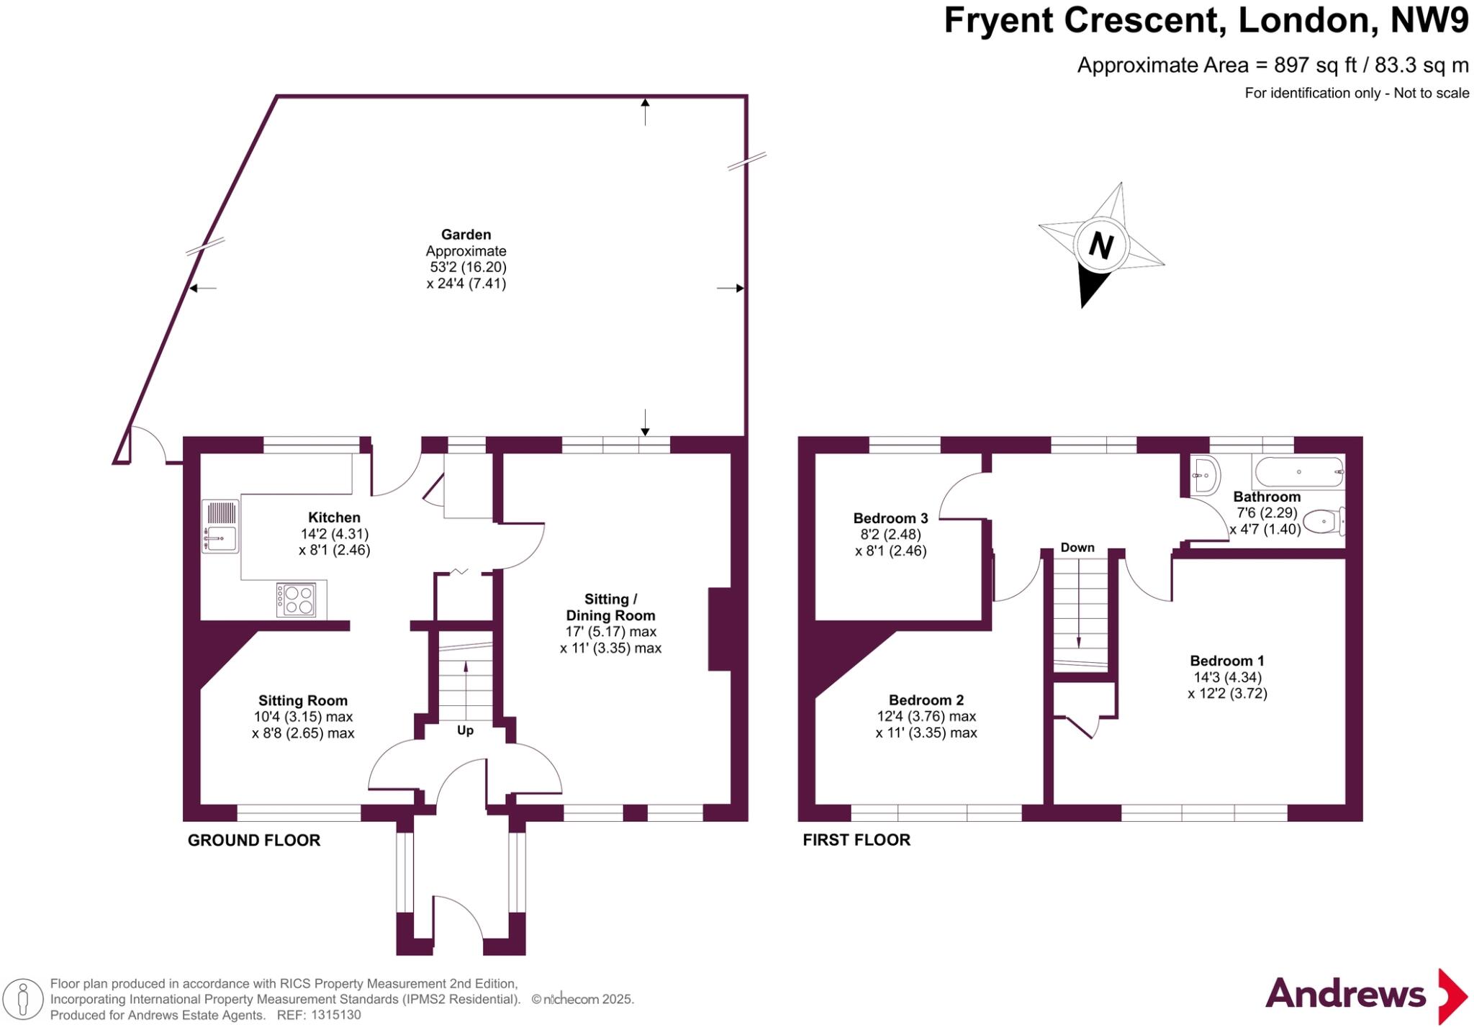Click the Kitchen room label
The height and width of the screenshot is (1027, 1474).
(334, 517)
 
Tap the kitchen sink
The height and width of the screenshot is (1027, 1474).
(220, 536)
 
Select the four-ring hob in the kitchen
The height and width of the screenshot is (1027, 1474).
(296, 600)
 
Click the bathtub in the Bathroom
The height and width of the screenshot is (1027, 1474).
(1298, 472)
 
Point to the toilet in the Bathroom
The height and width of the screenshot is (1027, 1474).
(1324, 521)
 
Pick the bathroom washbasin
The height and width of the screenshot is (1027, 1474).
(1204, 476)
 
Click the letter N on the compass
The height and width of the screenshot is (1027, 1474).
(1100, 245)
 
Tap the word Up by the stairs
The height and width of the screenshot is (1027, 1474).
(465, 730)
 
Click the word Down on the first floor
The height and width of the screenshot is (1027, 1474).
(1077, 548)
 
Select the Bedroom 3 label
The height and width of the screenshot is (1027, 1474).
(890, 518)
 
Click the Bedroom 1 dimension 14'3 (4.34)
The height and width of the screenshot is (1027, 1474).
(1227, 677)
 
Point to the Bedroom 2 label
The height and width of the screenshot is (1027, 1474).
(926, 700)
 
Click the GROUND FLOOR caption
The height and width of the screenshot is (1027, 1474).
(254, 840)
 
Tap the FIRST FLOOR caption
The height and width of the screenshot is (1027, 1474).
(856, 840)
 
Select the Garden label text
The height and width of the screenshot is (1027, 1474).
(466, 235)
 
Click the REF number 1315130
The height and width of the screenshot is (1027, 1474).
(334, 1015)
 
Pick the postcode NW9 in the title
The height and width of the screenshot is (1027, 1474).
(1428, 20)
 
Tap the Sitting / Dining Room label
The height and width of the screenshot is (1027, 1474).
(610, 607)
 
